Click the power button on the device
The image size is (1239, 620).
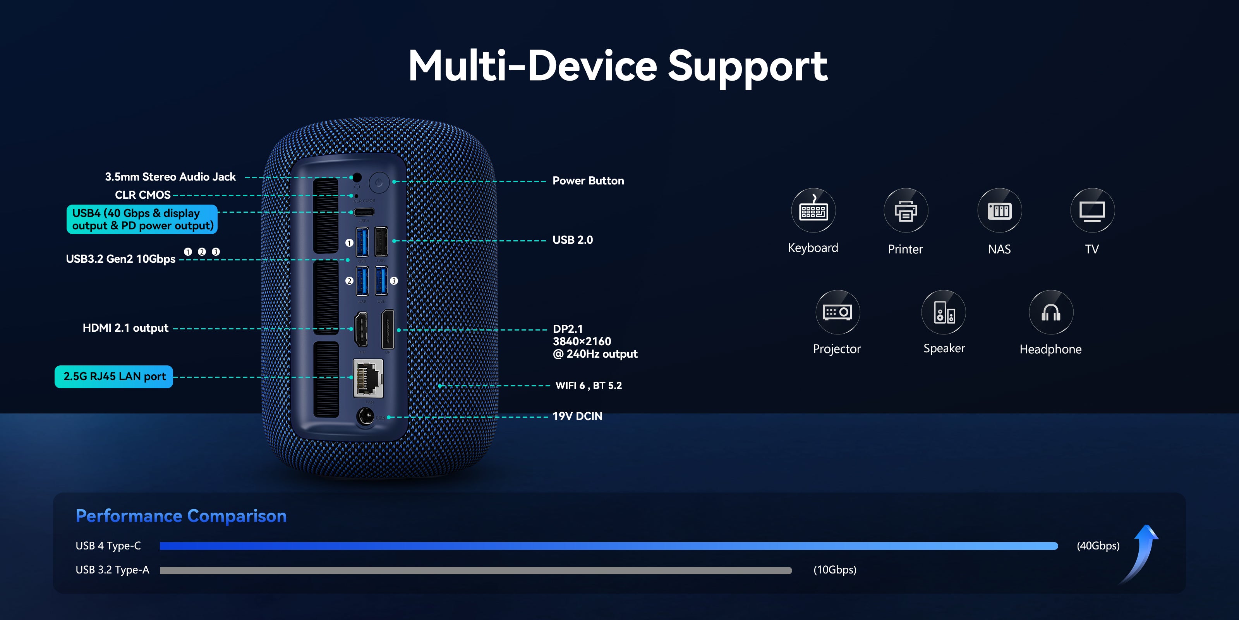pos(379,183)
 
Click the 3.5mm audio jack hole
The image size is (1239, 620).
pos(357,177)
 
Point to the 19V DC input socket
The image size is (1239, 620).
pos(365,417)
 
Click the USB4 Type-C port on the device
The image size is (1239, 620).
pos(364,212)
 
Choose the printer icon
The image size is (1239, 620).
pos(906,210)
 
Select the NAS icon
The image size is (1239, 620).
pos(999,210)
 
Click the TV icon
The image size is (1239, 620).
pos(1092,210)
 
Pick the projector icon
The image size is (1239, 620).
pos(837,312)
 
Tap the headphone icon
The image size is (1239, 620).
pos(1050,312)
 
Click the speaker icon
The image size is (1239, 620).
pos(944,312)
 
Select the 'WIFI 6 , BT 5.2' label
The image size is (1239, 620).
pos(588,386)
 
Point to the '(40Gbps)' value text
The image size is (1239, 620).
pos(1098,545)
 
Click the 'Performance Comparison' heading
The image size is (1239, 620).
pos(181,515)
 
